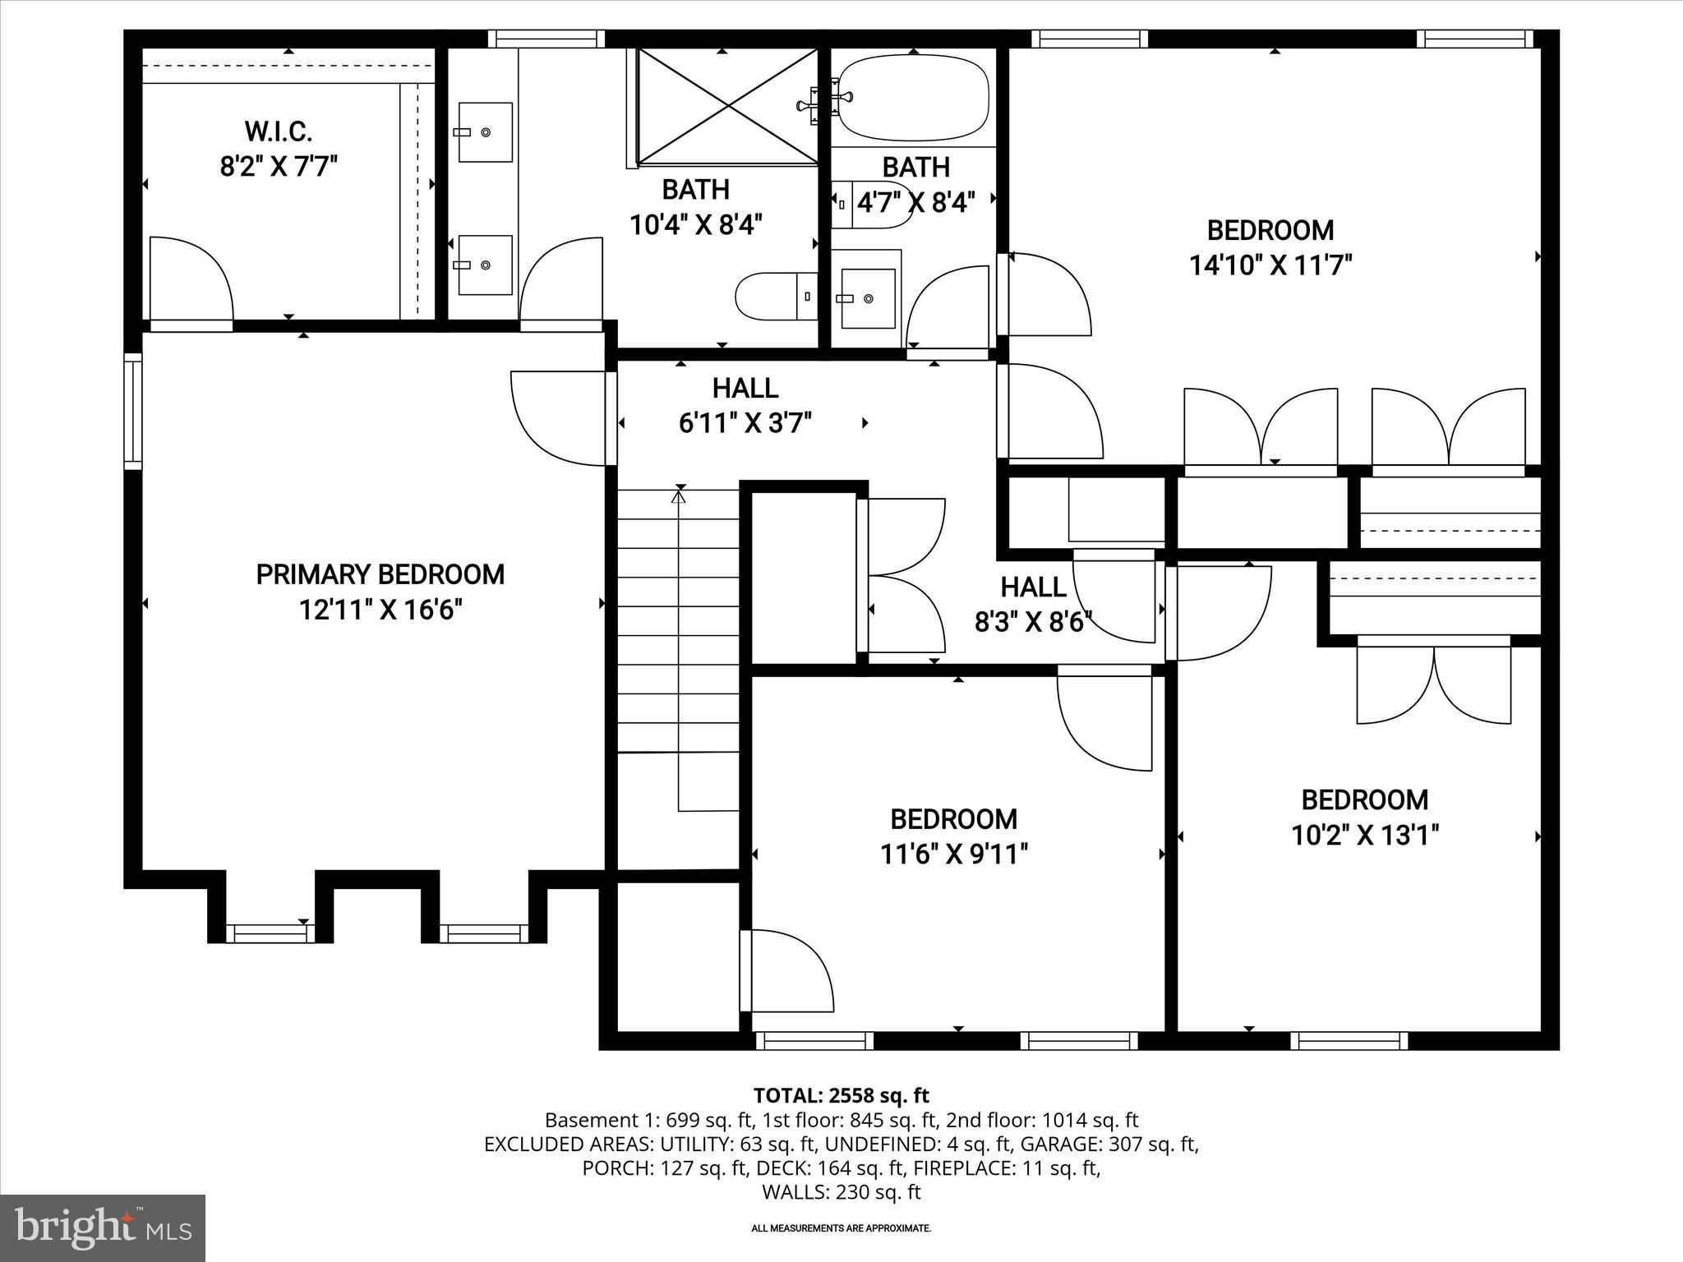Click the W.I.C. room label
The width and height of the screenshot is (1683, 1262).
(x=278, y=131)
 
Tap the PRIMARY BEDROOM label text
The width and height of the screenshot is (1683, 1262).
(x=380, y=574)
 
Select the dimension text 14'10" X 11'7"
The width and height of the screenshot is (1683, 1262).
(x=1270, y=265)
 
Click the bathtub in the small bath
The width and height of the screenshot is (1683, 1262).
(x=913, y=98)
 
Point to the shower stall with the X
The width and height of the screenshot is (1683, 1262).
(x=727, y=105)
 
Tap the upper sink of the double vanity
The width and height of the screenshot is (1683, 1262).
(x=485, y=131)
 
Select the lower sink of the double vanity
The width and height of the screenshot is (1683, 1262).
(x=485, y=265)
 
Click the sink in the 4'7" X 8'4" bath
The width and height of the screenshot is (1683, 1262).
(x=868, y=299)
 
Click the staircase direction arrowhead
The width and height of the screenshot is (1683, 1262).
(x=679, y=495)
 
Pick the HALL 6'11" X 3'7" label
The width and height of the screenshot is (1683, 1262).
(x=745, y=405)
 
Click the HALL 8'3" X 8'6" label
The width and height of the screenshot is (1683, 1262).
(x=1033, y=604)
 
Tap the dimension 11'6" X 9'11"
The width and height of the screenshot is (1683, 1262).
(x=953, y=854)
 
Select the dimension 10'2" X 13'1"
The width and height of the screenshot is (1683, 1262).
(x=1364, y=836)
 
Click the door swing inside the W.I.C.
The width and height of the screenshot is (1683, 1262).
(x=191, y=279)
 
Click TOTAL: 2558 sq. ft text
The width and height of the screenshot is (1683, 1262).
(x=841, y=1095)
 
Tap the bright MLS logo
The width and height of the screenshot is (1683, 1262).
(x=102, y=1227)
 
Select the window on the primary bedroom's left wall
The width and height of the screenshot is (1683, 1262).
(x=133, y=411)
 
